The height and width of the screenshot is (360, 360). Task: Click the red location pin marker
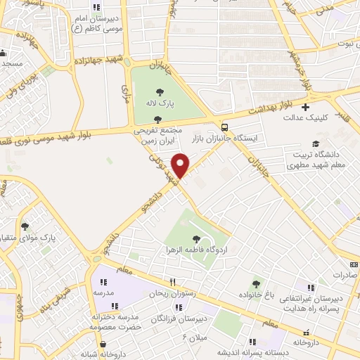[x=181, y=165]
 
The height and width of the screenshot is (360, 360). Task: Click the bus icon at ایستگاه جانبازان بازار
[x=224, y=127]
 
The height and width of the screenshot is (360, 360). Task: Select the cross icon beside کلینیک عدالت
[x=304, y=108]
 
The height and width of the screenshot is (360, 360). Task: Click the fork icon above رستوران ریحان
[x=162, y=282]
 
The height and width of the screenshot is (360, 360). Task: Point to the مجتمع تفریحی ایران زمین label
[x=157, y=136]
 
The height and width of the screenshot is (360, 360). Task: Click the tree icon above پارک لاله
[x=160, y=91]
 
